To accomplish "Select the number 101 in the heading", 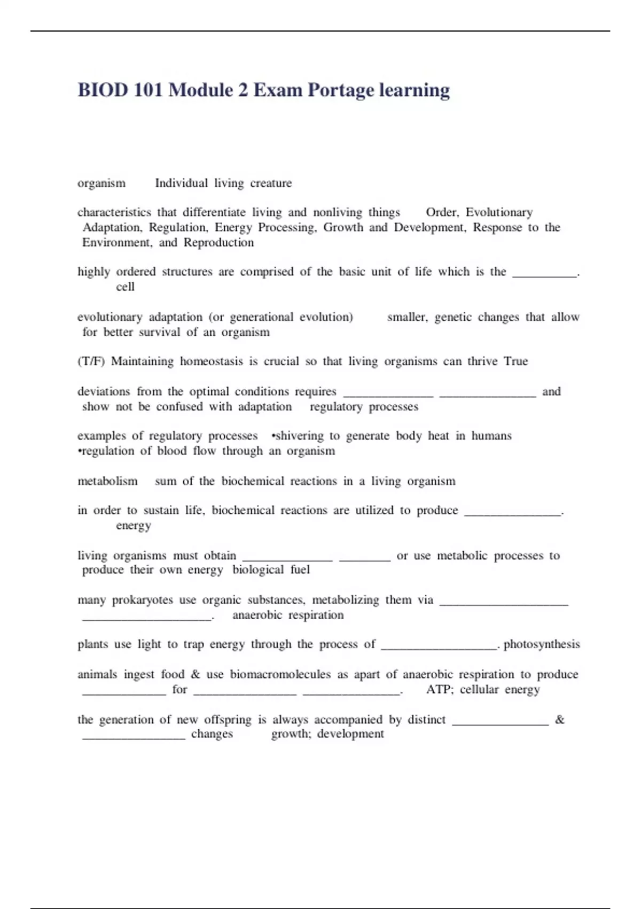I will tap(148, 90).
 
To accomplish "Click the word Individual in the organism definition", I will tap(181, 183).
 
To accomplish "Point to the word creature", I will tap(271, 183).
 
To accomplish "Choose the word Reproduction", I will tap(218, 243).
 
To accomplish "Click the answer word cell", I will tap(125, 287).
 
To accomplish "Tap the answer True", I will tap(515, 361).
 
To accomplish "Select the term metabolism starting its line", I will tap(107, 481).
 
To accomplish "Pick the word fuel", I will tap(300, 570).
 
